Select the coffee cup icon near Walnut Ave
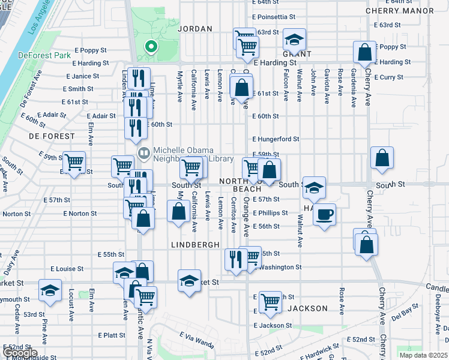pos(324,215)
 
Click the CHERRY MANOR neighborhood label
pos(408,11)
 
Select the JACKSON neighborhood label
pos(307,308)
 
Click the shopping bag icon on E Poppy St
pos(364,52)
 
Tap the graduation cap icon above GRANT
pos(294,40)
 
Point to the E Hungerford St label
pos(276,139)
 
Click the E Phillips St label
pos(270,213)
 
